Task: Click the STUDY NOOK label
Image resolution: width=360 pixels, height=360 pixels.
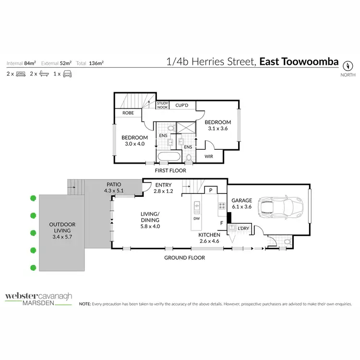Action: [163, 105]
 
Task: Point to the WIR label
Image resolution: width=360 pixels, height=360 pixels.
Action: [209, 156]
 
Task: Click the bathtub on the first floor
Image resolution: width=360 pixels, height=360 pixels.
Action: [168, 156]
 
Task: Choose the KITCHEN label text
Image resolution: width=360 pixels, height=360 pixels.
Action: [209, 235]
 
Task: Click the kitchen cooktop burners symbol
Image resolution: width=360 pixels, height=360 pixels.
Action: [222, 205]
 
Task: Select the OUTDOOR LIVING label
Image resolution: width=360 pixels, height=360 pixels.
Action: [62, 228]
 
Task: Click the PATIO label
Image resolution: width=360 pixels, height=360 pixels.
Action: [113, 184]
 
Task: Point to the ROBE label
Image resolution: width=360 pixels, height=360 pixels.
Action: [128, 113]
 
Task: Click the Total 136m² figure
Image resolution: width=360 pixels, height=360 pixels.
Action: [94, 63]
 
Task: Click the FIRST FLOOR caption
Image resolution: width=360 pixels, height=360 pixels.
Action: [171, 170]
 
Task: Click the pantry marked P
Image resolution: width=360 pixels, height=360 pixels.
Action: [210, 190]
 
